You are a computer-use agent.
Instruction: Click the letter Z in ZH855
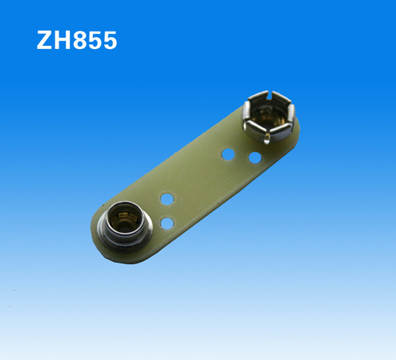pos(45,40)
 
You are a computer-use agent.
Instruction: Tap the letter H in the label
pos(63,40)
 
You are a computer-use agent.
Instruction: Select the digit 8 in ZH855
pos(80,40)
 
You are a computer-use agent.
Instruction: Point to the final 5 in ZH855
pos(109,40)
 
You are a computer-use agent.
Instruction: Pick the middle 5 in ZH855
pos(94,40)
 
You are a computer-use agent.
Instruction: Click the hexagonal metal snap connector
pos(268,116)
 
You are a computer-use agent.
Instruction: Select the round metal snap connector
pos(125,226)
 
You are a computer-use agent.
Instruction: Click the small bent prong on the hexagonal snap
pos(267,138)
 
